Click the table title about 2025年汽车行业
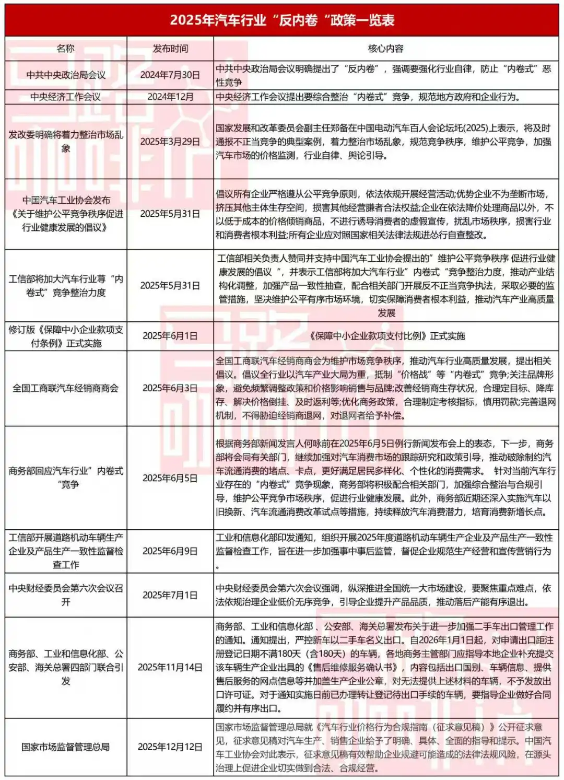pyautogui.click(x=282, y=20)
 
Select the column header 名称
pyautogui.click(x=66, y=49)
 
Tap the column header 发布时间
pyautogui.click(x=170, y=49)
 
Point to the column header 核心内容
pyautogui.click(x=386, y=49)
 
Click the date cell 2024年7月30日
pyautogui.click(x=170, y=75)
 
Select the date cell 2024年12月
pyautogui.click(x=170, y=97)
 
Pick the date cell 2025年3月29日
pyautogui.click(x=170, y=142)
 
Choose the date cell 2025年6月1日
pyautogui.click(x=170, y=336)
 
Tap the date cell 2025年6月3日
pyautogui.click(x=170, y=388)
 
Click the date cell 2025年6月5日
pyautogui.click(x=170, y=478)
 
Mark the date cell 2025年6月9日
pyautogui.click(x=170, y=551)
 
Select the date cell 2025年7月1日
pyautogui.click(x=170, y=595)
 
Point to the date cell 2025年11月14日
pyautogui.click(x=170, y=667)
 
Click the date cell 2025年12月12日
pyautogui.click(x=170, y=747)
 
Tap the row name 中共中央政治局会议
pyautogui.click(x=66, y=75)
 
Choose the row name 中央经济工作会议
pyautogui.click(x=66, y=97)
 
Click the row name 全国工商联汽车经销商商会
pyautogui.click(x=66, y=388)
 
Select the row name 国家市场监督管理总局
pyautogui.click(x=66, y=747)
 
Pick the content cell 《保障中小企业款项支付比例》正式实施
pyautogui.click(x=386, y=336)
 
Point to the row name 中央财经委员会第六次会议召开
pyautogui.click(x=66, y=595)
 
